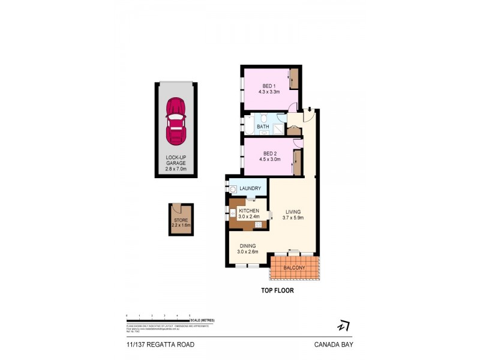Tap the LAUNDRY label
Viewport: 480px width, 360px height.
coord(250,189)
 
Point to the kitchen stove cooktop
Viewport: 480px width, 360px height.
coord(259,224)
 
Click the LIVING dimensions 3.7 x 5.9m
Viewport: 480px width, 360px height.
coord(293,218)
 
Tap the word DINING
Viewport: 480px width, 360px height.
coord(248,245)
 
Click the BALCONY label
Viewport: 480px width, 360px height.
coord(295,268)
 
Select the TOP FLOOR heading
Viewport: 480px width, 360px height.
coord(277,290)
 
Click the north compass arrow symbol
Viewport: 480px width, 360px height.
coord(343,326)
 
